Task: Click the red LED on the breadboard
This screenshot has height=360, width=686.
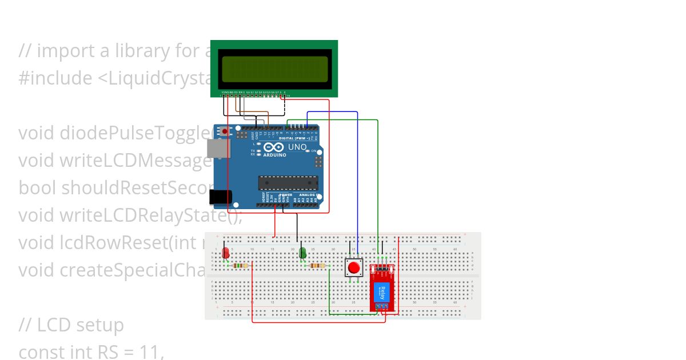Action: [x=226, y=252]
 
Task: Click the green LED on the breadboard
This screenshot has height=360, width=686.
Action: [x=302, y=252]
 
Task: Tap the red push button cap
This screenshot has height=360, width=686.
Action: [x=354, y=267]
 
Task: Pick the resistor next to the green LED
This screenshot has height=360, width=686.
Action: [x=316, y=265]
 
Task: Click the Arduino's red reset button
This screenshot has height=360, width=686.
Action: [x=225, y=132]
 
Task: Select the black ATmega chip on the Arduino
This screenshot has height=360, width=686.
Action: [x=288, y=182]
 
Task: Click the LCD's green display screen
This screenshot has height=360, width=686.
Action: [x=274, y=70]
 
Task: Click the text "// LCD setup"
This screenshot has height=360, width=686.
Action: [x=71, y=325]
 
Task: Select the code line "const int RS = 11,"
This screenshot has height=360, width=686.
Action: [x=91, y=352]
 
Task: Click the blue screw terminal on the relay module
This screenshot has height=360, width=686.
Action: [x=386, y=307]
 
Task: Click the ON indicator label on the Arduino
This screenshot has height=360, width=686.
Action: [x=314, y=151]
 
